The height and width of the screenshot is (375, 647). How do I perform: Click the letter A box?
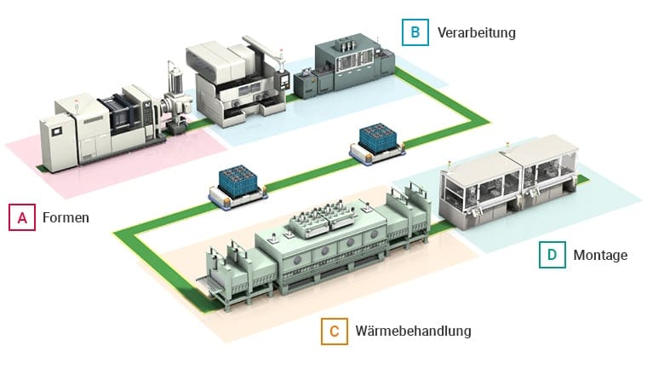click(22, 217)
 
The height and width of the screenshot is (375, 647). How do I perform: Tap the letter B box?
click(415, 32)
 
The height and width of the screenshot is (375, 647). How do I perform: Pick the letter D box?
click(551, 255)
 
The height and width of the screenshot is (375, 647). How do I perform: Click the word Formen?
click(66, 218)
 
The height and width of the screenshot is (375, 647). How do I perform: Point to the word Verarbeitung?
click(476, 33)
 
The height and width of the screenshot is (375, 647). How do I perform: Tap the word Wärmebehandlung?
click(412, 331)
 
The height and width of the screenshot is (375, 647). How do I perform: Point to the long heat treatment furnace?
click(323, 247)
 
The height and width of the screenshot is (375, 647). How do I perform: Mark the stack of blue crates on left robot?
click(232, 176)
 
